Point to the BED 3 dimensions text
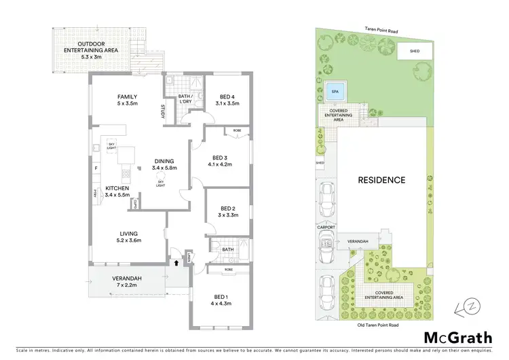pyautogui.click(x=221, y=164)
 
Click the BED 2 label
pyautogui.click(x=228, y=209)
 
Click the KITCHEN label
pyautogui.click(x=118, y=189)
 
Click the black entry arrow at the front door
pyautogui.click(x=177, y=260)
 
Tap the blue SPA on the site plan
pyautogui.click(x=334, y=91)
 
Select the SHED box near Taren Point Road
pyautogui.click(x=414, y=50)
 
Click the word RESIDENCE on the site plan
pyautogui.click(x=382, y=180)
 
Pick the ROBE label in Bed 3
pyautogui.click(x=237, y=130)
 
